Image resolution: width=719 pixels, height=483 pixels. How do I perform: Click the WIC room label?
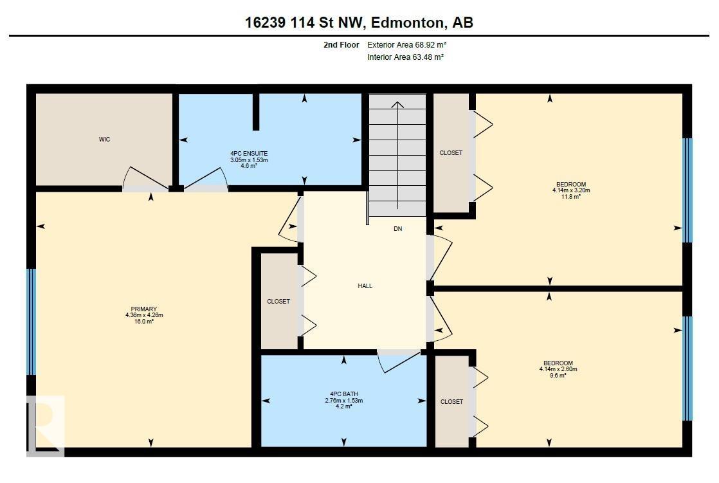coord(104,140)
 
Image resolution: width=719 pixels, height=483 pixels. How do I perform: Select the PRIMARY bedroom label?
coord(144,309)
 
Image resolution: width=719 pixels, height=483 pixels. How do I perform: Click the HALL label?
coord(365,286)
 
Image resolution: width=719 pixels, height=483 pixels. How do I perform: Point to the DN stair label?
coord(397,229)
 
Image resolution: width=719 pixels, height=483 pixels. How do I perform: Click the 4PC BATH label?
coord(343,394)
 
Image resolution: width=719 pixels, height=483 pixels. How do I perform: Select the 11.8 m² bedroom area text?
coord(571,197)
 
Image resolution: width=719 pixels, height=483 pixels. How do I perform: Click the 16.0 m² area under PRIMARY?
coord(144,321)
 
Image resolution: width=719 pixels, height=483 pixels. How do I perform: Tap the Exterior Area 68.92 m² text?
coord(406,45)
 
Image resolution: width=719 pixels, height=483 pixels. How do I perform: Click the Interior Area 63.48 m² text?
coord(405,57)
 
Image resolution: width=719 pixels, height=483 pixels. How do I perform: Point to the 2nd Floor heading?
coord(341,45)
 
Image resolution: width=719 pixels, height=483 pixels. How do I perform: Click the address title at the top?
coord(359,23)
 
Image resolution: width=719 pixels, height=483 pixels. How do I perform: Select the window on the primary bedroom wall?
coord(30,322)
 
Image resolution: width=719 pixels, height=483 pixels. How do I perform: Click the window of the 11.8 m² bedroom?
coord(687,190)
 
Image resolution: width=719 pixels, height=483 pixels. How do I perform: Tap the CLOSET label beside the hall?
coord(278,302)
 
